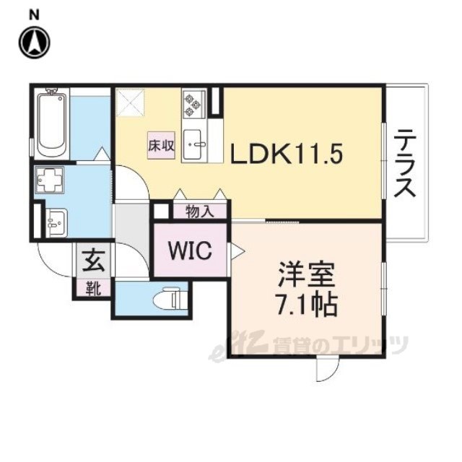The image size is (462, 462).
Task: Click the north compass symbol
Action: coord(34,43)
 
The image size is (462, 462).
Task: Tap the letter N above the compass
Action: coord(34,12)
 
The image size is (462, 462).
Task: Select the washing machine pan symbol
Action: coord(51,180)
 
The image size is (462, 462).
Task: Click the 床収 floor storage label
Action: coord(162,145)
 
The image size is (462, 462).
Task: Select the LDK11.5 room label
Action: coord(285,154)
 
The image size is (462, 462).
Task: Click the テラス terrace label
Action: coord(406,162)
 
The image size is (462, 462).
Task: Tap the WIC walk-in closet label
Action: coord(190,250)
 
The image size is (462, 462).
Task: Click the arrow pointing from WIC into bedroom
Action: coord(237,250)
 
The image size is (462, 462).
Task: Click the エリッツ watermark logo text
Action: coord(368,346)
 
